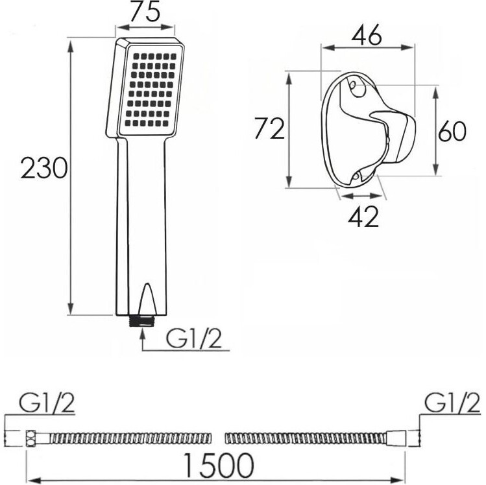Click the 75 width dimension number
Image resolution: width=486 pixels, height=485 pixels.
click(145, 12)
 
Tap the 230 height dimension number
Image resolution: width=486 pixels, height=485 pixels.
click(43, 168)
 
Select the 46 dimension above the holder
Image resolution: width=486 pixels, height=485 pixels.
click(367, 35)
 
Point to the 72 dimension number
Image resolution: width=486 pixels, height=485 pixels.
click(269, 128)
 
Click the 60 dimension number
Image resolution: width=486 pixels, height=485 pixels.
click(452, 132)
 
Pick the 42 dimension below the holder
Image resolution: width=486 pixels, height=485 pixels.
click(363, 217)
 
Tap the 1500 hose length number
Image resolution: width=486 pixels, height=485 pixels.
click(219, 465)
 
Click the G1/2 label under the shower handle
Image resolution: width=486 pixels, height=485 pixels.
click(194, 338)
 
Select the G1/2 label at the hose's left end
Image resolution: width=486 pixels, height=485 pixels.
click(47, 403)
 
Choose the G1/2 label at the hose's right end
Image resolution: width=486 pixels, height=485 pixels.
click(452, 403)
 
